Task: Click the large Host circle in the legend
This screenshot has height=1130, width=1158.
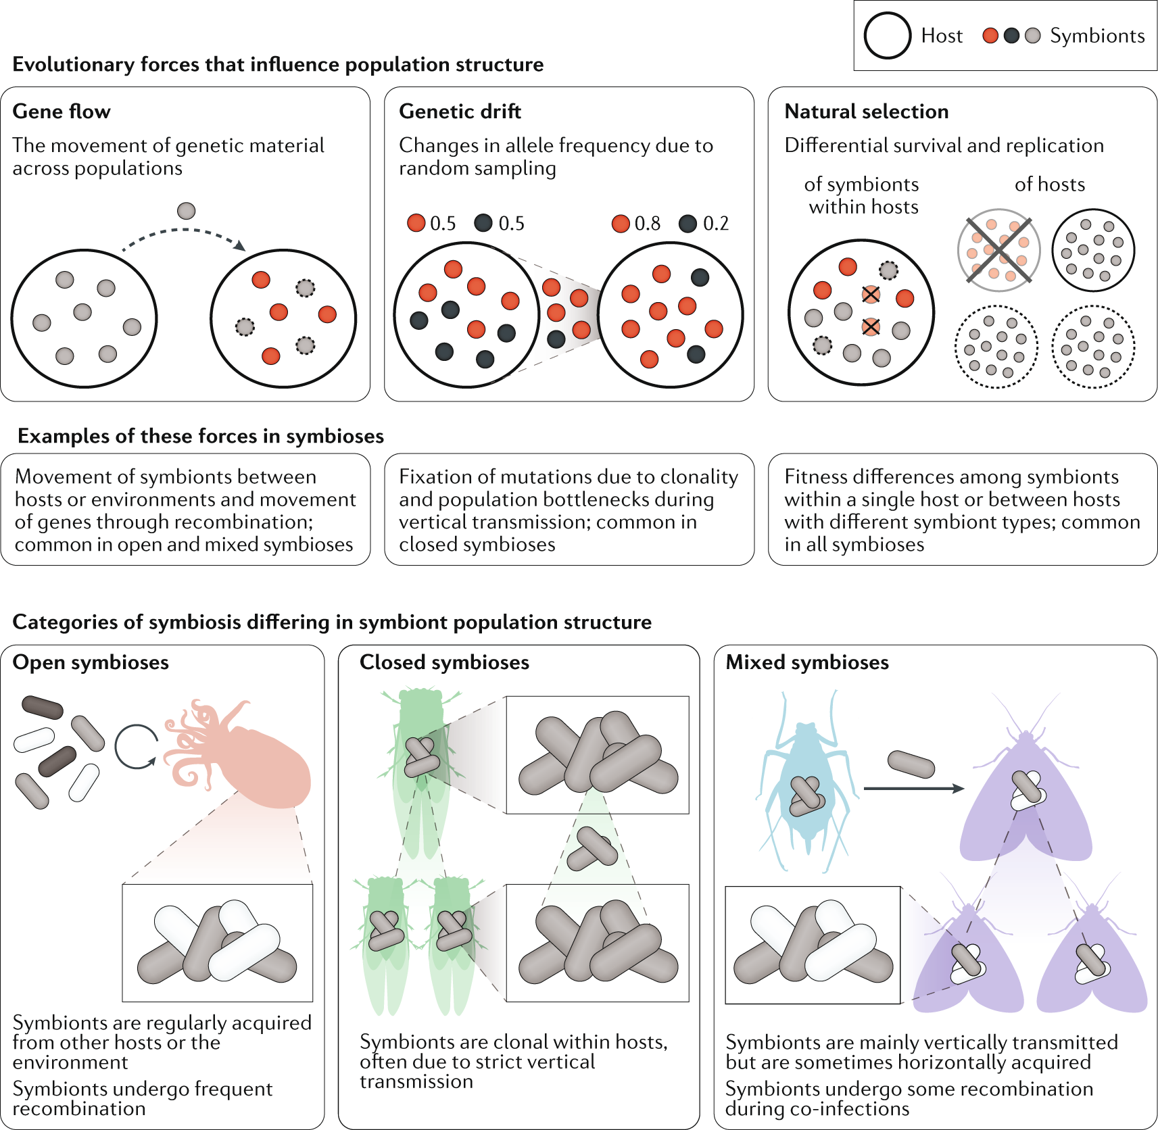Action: (x=888, y=36)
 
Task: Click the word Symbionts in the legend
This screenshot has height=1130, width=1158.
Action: (x=1096, y=36)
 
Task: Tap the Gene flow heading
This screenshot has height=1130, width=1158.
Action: (x=62, y=112)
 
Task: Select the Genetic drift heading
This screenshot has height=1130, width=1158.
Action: (x=460, y=112)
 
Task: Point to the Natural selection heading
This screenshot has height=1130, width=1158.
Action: (x=866, y=112)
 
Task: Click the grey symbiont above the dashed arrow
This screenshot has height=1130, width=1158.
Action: (x=186, y=211)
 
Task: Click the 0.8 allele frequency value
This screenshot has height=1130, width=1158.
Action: (x=647, y=224)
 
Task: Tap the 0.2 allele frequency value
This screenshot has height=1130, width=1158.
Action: (x=716, y=224)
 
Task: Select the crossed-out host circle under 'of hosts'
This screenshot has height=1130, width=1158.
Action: (x=998, y=250)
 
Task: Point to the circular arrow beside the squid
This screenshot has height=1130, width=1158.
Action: (x=137, y=747)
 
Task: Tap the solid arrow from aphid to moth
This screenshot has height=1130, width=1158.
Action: (x=913, y=789)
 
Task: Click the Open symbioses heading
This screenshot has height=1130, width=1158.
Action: (x=91, y=662)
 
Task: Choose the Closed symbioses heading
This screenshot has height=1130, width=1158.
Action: (x=444, y=662)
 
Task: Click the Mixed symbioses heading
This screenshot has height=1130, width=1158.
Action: (x=807, y=662)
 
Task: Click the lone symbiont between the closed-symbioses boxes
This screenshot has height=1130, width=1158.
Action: (x=592, y=848)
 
